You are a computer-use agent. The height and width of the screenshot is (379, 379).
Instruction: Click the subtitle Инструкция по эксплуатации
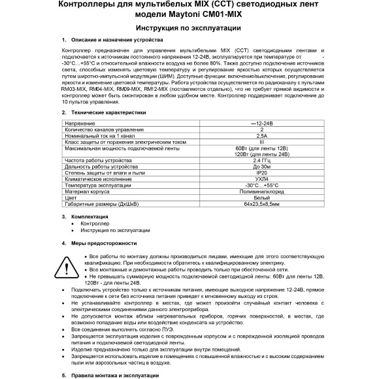pyautogui.click(x=189, y=29)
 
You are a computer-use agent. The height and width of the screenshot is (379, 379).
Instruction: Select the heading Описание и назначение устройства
pyautogui.click(x=114, y=41)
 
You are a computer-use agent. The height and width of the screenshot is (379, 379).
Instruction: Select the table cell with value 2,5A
pyautogui.click(x=244, y=135)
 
